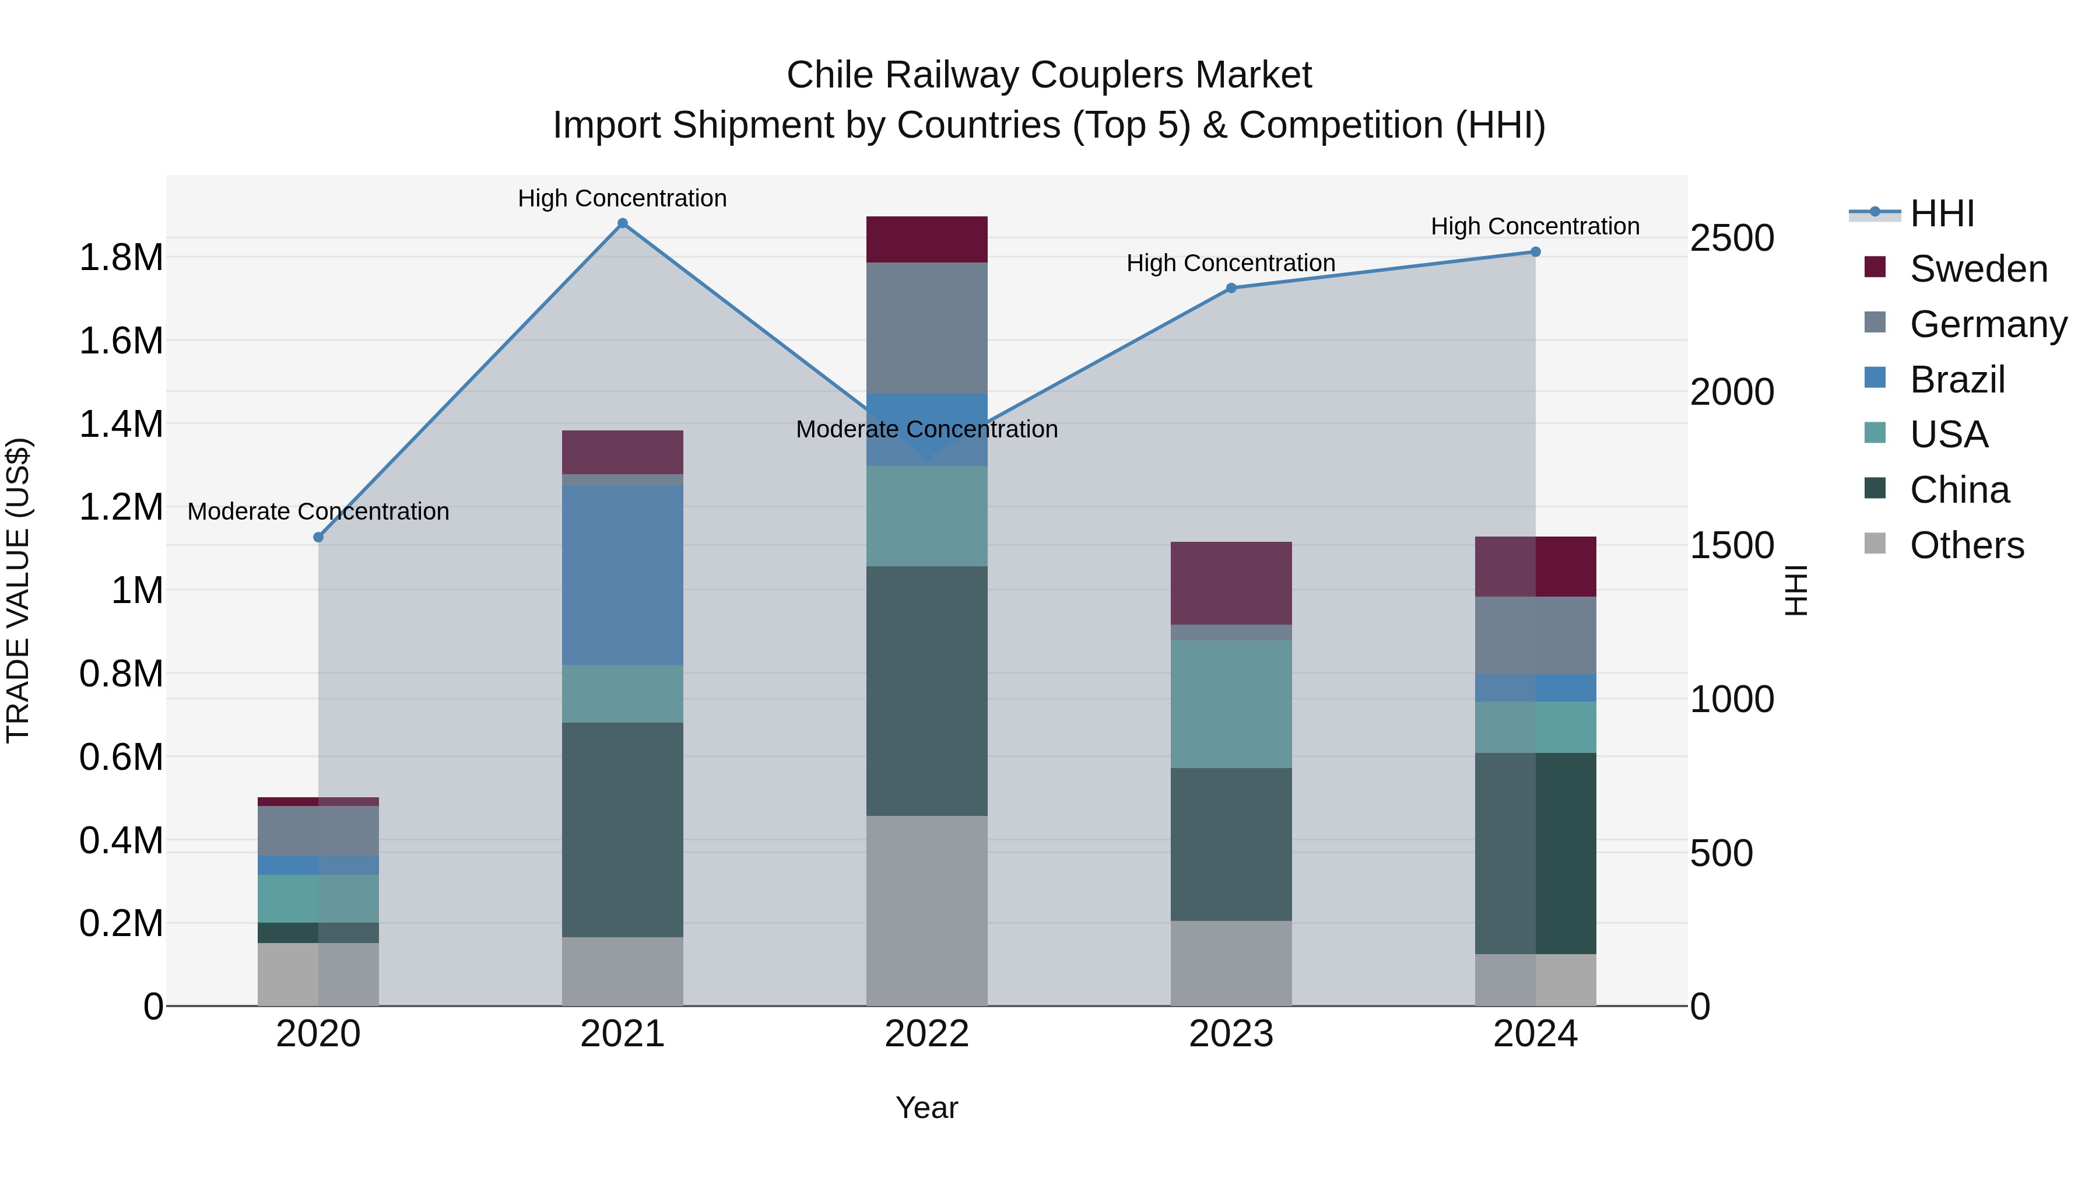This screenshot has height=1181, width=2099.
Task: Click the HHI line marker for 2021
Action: (x=623, y=223)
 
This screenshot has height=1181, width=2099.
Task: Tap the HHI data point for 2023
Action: (x=1231, y=288)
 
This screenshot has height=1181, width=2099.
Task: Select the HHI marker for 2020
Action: (x=318, y=537)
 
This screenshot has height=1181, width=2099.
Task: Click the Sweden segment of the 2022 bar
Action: (x=926, y=240)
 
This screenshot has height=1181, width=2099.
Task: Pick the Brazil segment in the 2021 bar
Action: (x=623, y=576)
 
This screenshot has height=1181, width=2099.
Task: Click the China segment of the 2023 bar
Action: (x=1231, y=844)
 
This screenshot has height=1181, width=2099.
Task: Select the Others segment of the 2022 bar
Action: (x=926, y=910)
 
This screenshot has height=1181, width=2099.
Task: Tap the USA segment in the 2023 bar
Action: (x=1231, y=704)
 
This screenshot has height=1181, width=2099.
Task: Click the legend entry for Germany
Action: (x=1988, y=324)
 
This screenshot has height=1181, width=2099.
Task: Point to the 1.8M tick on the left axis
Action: (x=121, y=258)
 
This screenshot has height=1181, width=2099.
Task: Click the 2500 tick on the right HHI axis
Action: (x=1732, y=238)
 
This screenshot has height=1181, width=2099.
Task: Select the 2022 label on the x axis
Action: (x=926, y=1034)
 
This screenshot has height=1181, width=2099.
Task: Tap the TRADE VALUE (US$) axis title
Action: (x=19, y=590)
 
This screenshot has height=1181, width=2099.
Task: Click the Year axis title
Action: (x=926, y=1108)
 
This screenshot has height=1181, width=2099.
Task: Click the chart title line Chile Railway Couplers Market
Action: (x=1049, y=75)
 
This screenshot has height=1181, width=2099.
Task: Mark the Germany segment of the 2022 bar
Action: (x=926, y=328)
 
